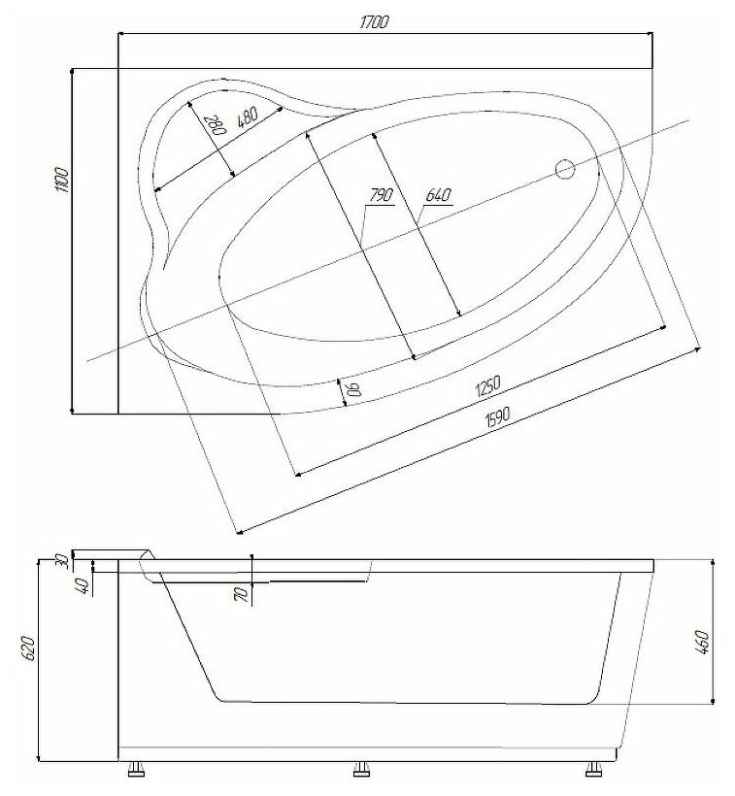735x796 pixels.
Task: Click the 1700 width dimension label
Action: pos(374,22)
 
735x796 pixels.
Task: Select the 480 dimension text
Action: pos(248,117)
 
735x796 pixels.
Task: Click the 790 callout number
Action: pos(381,195)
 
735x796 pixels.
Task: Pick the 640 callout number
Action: pos(438,195)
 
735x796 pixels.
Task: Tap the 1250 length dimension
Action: pos(488,385)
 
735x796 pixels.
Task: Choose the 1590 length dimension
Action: pos(496,417)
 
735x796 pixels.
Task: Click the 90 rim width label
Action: pos(353,389)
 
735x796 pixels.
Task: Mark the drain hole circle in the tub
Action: pos(564,169)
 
